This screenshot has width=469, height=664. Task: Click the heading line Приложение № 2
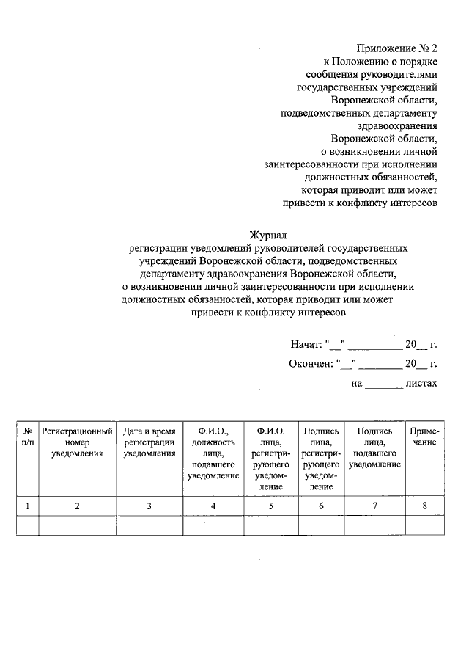tap(396, 48)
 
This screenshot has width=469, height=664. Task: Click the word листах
tap(423, 383)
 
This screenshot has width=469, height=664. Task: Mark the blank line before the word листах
tap(383, 384)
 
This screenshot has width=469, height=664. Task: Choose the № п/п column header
tap(27, 437)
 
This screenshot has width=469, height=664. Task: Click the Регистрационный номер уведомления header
tap(77, 442)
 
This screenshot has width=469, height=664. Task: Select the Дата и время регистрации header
tap(149, 442)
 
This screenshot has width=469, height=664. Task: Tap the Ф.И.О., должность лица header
tap(213, 453)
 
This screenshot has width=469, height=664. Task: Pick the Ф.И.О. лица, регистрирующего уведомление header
tap(271, 459)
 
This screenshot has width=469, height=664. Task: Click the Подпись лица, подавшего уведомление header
tap(374, 448)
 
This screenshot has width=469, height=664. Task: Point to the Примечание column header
tap(424, 437)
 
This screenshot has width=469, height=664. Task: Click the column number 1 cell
tap(27, 506)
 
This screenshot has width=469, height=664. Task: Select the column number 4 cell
tap(213, 506)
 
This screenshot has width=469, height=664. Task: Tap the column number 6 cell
tap(321, 506)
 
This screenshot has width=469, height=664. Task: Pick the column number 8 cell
tap(424, 506)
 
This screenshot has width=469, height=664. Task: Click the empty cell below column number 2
tap(77, 525)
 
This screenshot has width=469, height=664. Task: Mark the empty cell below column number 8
tap(424, 525)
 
